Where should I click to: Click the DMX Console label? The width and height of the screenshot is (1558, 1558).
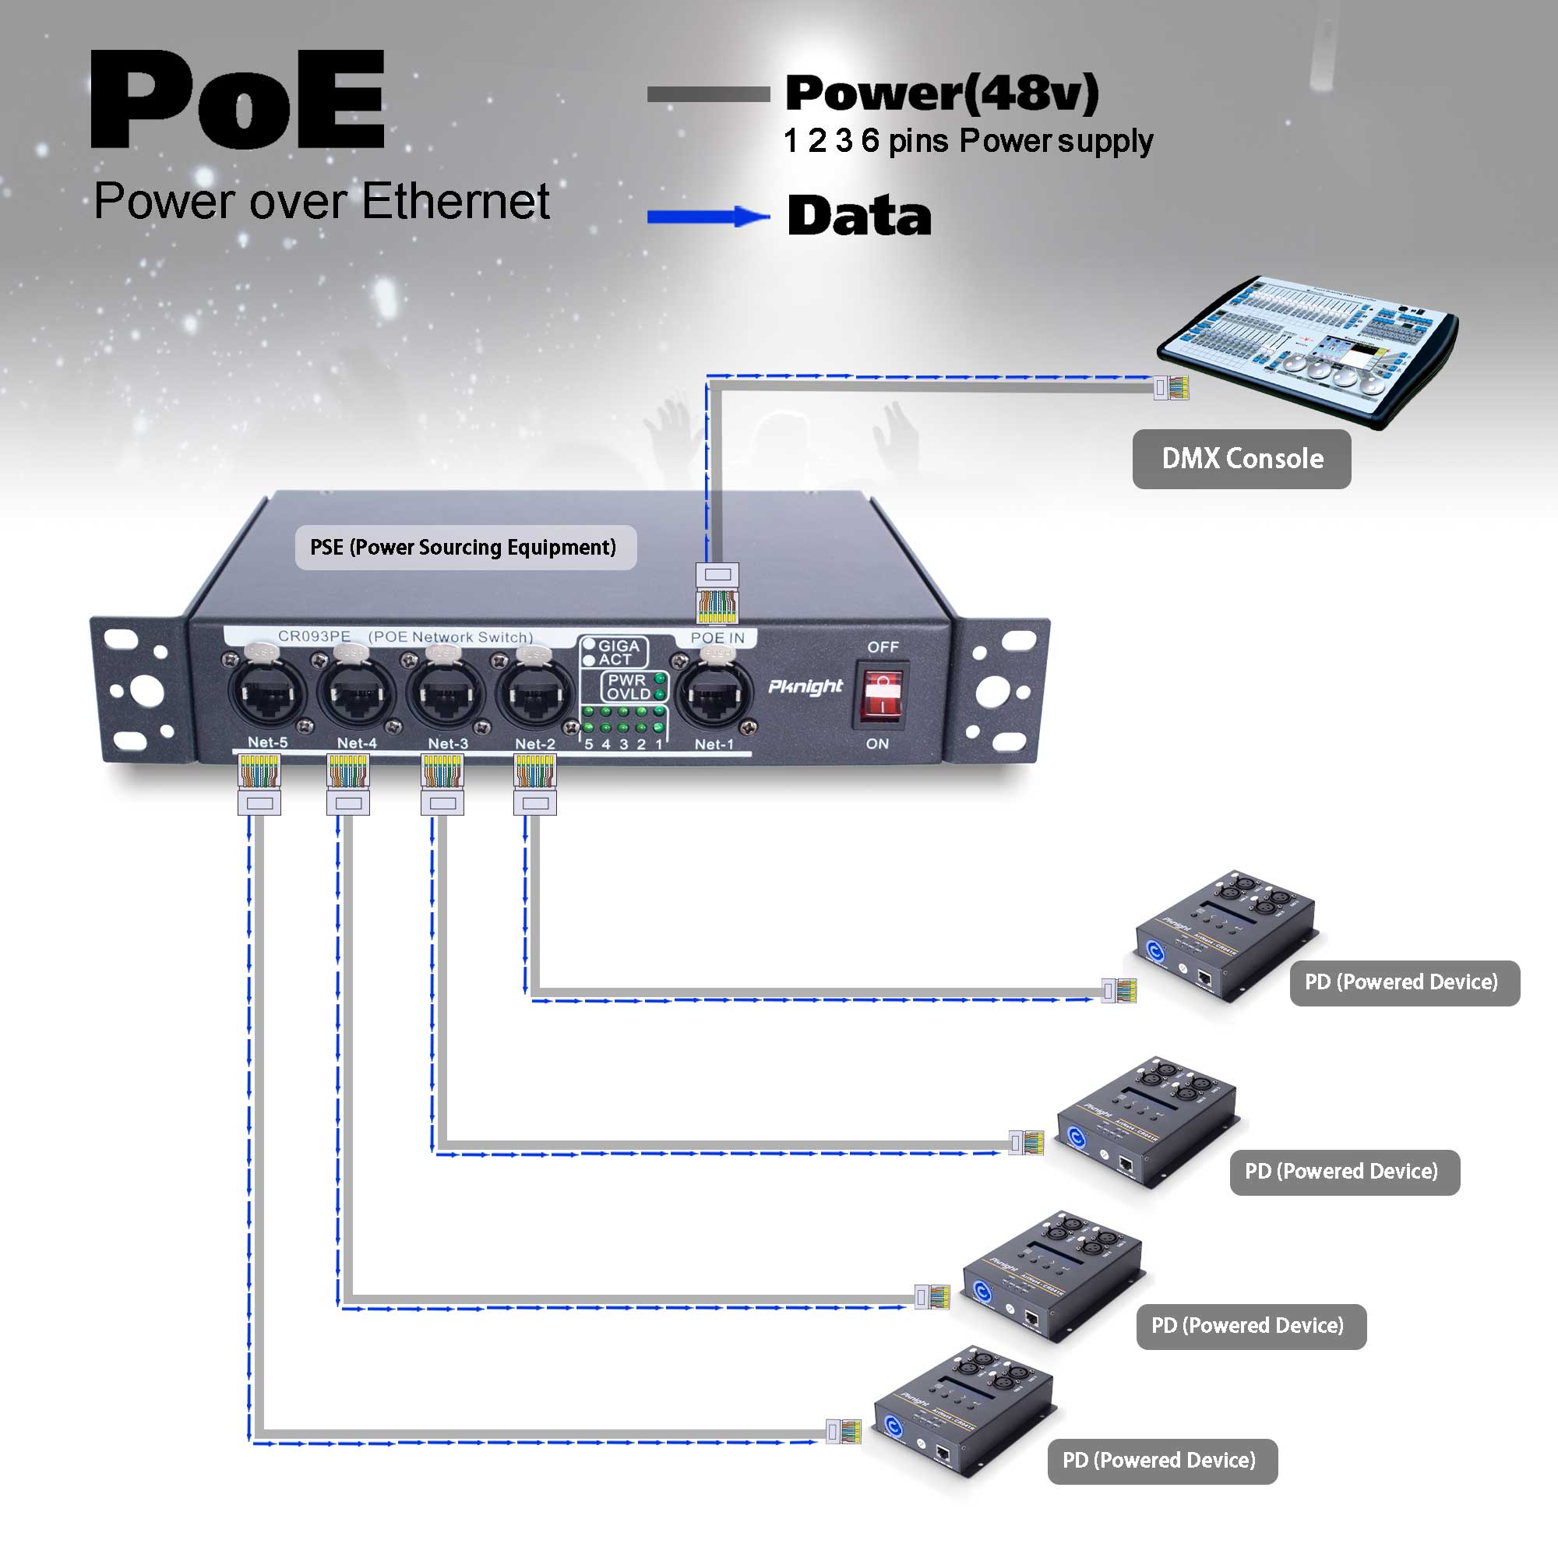tap(1241, 459)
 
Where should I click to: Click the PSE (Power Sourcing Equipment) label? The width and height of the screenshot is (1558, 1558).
tap(465, 548)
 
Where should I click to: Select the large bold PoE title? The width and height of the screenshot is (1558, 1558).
tap(238, 100)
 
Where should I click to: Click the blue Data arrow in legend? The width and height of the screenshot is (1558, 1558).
tap(707, 216)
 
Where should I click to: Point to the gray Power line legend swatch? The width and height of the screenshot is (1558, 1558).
tap(708, 94)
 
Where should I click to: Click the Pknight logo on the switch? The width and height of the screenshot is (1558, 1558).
tap(805, 686)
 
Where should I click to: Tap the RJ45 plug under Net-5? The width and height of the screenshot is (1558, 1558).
tap(259, 783)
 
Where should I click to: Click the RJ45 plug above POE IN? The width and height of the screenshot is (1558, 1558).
tap(717, 593)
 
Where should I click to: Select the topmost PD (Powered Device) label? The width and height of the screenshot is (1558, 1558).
tap(1404, 982)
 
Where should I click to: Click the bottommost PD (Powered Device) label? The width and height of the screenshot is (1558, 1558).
tap(1162, 1461)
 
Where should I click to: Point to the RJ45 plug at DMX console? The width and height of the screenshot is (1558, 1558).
tap(1171, 388)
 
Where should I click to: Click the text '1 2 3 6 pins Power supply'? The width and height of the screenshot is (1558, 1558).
tap(968, 141)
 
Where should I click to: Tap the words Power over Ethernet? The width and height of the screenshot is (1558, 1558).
tap(322, 201)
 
